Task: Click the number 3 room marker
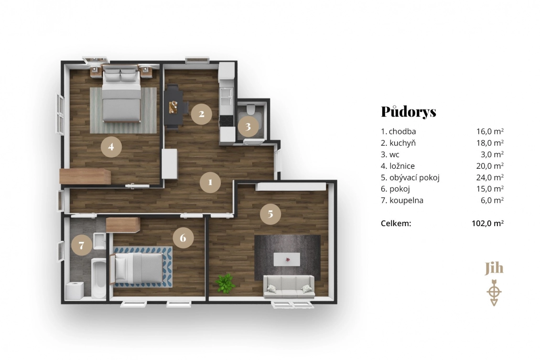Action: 248,127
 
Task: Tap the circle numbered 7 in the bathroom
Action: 82,245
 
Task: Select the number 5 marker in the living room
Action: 270,214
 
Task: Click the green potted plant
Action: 225,283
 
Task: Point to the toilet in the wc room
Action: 250,109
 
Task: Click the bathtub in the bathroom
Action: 99,278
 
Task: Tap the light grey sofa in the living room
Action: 289,287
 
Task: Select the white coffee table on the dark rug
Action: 287,259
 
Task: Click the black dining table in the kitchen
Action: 173,106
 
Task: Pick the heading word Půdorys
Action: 409,111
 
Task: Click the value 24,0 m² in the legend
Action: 490,177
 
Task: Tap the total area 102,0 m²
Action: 487,223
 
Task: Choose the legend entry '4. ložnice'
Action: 398,166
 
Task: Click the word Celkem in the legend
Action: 396,223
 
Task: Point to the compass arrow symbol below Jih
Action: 494,293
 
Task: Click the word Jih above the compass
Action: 494,268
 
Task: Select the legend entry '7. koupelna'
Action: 402,200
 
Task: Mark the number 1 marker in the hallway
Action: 210,182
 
